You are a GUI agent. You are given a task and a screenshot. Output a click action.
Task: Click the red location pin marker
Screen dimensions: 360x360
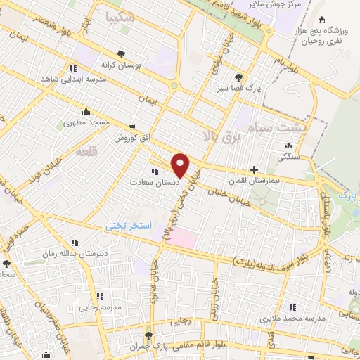click(x=181, y=165)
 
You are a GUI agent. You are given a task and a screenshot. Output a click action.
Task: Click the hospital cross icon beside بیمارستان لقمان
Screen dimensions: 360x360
click(x=255, y=169)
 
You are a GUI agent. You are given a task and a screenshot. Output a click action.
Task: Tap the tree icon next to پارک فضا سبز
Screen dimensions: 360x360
click(x=240, y=77)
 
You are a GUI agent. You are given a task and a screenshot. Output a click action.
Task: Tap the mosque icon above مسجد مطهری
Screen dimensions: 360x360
click(x=86, y=111)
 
